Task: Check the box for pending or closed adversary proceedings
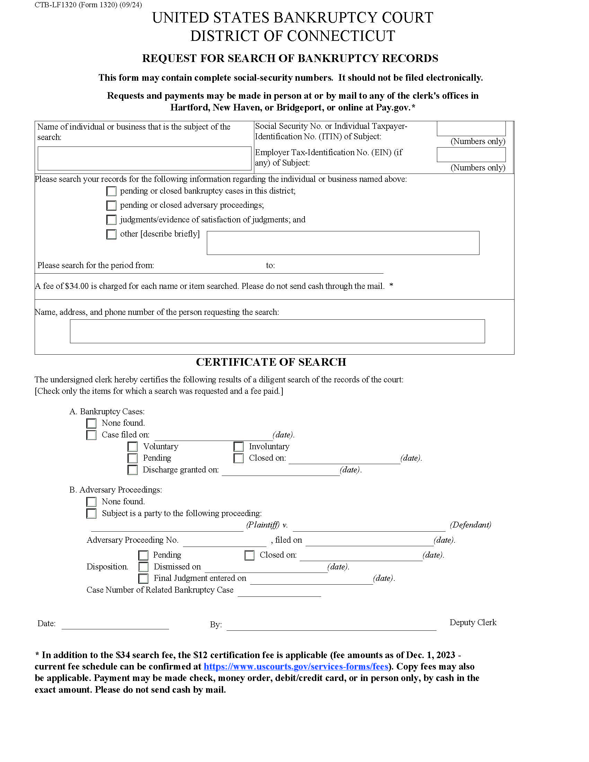click(x=111, y=205)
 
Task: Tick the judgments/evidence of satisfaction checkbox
click(x=111, y=220)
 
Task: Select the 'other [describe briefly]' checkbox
click(x=111, y=234)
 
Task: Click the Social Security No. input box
click(x=471, y=129)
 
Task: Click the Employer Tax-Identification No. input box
click(x=471, y=154)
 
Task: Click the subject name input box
click(x=144, y=158)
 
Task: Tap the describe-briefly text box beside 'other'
click(x=343, y=243)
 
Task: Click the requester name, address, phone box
click(x=277, y=331)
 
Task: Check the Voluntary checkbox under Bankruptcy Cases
click(x=133, y=446)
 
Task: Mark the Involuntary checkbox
click(x=239, y=446)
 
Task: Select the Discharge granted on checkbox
click(x=133, y=470)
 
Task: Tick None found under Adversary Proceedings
click(x=91, y=502)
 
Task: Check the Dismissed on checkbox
click(x=143, y=567)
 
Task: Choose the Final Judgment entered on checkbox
click(x=143, y=578)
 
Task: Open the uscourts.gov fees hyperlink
click(x=296, y=666)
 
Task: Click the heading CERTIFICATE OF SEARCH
click(x=271, y=362)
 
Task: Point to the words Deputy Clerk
click(x=473, y=622)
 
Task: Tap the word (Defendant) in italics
click(x=470, y=525)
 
